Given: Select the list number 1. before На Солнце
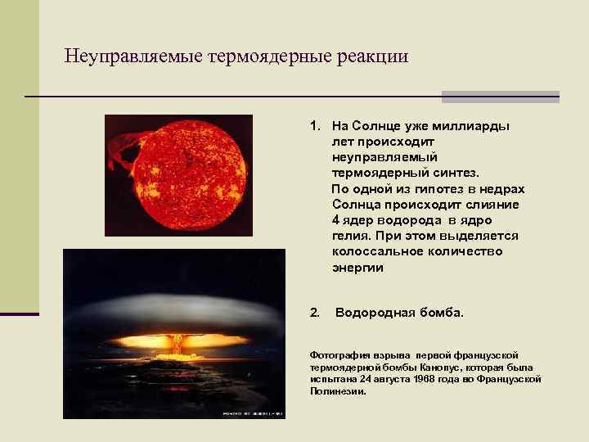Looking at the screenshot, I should (x=315, y=127).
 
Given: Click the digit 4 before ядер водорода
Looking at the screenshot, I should (x=336, y=220).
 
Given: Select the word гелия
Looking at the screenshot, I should (x=349, y=236).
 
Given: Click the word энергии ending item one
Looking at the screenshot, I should (x=357, y=267).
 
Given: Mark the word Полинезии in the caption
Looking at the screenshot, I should (x=337, y=390).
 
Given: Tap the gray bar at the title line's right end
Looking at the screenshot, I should (x=500, y=97).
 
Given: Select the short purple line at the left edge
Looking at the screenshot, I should (x=20, y=313).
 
